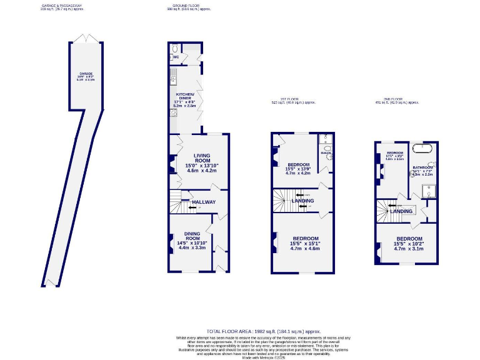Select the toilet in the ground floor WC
174,47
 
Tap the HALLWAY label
203,202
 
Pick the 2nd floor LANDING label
401,211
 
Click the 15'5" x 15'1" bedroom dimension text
305,244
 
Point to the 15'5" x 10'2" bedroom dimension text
409,244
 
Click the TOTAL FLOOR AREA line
263,331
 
